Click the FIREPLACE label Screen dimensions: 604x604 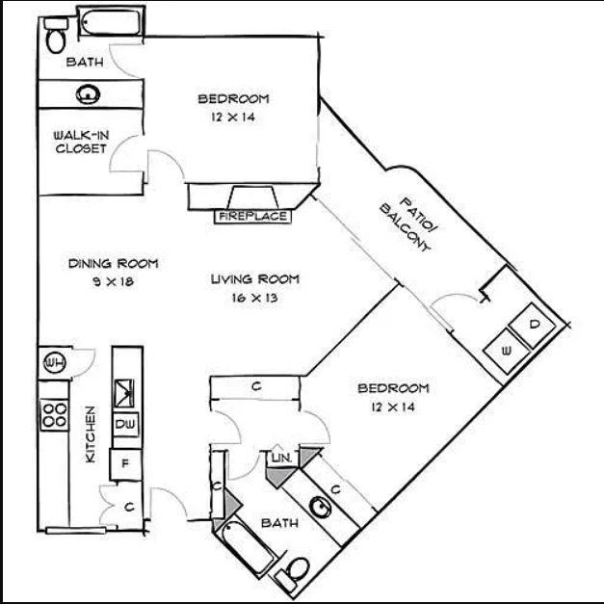pos(252,217)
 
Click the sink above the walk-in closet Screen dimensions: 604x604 pos(89,94)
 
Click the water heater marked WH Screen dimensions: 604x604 pos(53,361)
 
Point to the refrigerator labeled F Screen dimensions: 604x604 pos(123,462)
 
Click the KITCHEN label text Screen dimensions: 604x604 pos(90,434)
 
